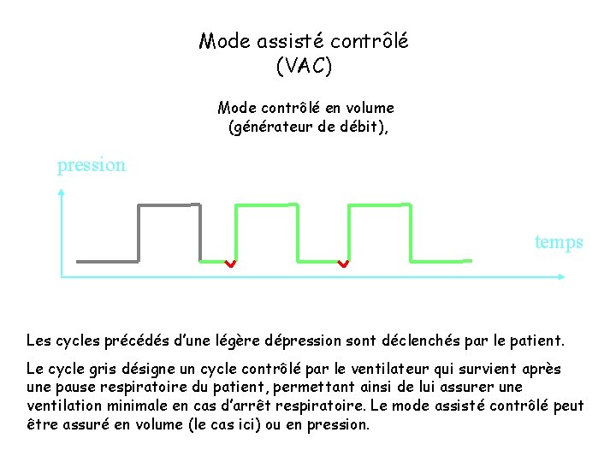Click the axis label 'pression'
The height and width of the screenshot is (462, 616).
tap(91, 165)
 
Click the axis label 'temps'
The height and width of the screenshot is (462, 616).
tap(559, 242)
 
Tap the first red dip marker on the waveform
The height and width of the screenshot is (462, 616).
tap(230, 264)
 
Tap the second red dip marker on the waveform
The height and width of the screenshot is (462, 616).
tap(343, 264)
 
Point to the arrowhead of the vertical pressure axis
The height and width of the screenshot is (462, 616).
tap(62, 192)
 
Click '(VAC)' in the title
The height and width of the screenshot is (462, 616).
tap(304, 64)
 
